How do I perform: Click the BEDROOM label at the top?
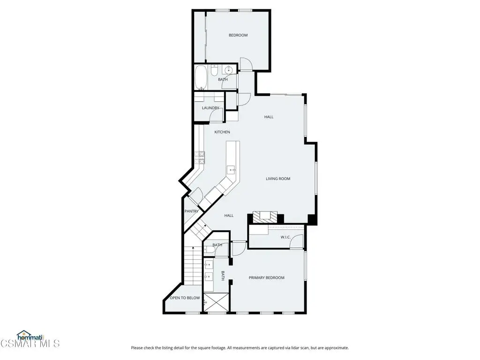click(238, 35)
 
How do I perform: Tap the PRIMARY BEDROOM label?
click(266, 277)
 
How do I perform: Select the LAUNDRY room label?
click(210, 108)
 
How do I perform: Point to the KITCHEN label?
click(222, 132)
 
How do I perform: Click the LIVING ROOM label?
click(278, 179)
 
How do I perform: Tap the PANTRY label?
click(192, 211)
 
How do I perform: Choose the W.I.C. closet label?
click(285, 237)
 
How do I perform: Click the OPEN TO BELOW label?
click(185, 298)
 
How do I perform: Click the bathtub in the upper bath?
click(201, 77)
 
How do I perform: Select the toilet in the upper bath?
click(214, 70)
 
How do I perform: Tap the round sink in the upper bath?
click(228, 70)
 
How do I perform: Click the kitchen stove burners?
click(200, 157)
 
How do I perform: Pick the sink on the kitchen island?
click(231, 169)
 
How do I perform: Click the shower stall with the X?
click(216, 303)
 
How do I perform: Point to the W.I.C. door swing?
click(297, 241)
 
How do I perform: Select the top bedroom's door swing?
click(246, 64)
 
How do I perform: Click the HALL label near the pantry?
click(229, 216)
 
